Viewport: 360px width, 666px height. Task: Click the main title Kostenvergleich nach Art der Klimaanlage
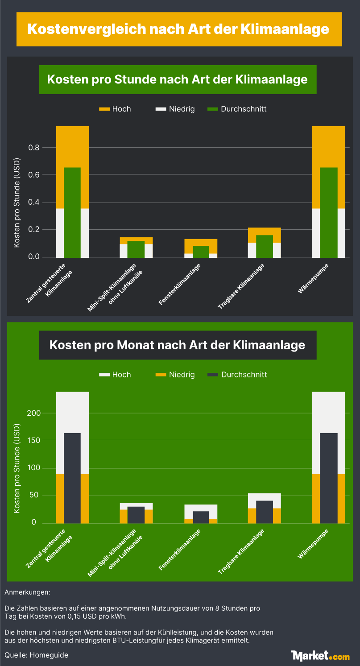[x=178, y=29]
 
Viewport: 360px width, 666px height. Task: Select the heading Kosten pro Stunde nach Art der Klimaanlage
[x=178, y=79]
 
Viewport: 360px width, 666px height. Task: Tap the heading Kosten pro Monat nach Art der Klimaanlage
[x=178, y=345]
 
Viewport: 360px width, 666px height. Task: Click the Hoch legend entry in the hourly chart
[x=115, y=109]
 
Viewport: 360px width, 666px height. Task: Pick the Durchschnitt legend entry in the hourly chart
[x=237, y=109]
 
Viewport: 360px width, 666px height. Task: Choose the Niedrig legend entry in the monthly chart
[x=175, y=374]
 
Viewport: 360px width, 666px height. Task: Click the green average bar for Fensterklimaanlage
[x=201, y=252]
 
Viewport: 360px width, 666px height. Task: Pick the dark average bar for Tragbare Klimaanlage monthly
[x=264, y=512]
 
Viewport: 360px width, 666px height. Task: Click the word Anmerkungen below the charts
[x=27, y=592]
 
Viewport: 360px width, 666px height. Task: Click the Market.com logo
[x=320, y=655]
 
